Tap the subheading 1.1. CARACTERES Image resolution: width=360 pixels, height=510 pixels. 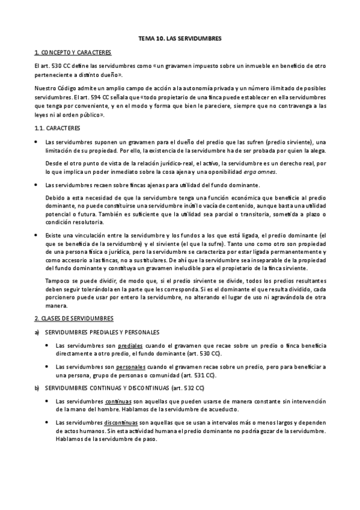[x=56, y=129]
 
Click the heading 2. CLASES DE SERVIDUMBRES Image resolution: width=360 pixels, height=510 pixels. [x=73, y=317]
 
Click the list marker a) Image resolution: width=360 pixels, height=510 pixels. [x=37, y=332]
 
